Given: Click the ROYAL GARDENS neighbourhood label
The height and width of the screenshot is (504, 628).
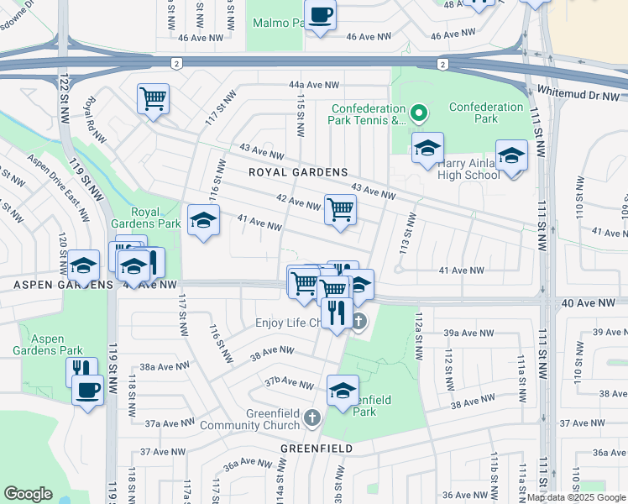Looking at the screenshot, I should click(x=297, y=172).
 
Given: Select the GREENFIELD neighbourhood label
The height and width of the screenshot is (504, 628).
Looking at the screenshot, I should click(x=316, y=449).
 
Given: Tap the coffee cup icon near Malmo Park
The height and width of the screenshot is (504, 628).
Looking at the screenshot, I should click(x=320, y=15).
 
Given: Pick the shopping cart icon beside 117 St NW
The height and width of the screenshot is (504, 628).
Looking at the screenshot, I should click(x=154, y=99).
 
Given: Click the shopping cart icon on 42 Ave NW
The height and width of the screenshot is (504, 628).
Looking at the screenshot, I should click(x=340, y=208).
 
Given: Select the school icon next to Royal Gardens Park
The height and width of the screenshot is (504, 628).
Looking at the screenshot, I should click(x=202, y=221).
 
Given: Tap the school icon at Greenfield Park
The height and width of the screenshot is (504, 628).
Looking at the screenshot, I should click(x=343, y=391).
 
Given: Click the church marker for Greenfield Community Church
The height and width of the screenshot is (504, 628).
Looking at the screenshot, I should click(x=313, y=417).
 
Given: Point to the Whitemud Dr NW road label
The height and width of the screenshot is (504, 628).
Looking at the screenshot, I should click(x=568, y=92).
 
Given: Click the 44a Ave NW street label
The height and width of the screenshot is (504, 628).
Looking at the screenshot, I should click(x=313, y=86).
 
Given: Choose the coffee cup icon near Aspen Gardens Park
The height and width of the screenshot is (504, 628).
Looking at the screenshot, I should click(x=87, y=390).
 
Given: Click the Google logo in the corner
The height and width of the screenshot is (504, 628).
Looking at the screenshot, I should click(x=29, y=493).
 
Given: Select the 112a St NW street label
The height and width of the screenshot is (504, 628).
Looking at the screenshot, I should click(x=417, y=334).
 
